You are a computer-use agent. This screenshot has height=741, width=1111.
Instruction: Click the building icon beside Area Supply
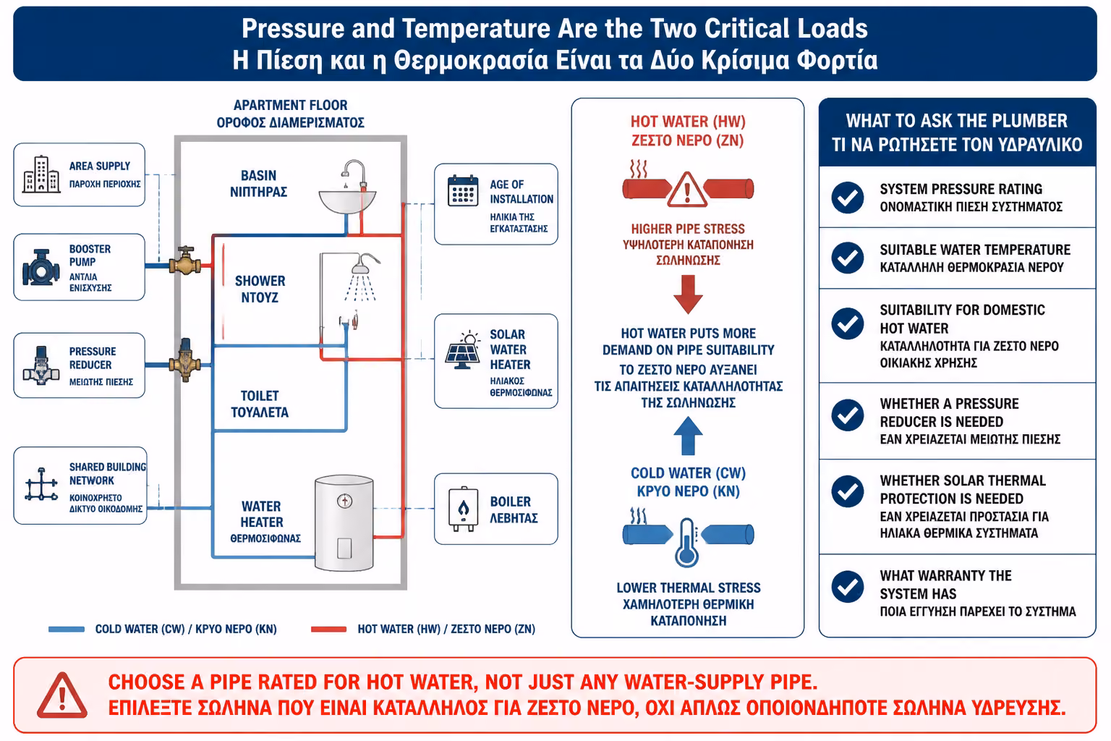41,174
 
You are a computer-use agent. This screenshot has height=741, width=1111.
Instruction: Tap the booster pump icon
41,268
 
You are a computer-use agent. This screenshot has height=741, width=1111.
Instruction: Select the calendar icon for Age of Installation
463,190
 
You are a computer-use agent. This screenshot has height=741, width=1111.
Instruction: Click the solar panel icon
463,350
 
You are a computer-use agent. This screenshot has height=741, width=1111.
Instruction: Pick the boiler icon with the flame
463,509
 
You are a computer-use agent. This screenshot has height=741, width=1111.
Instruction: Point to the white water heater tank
344,523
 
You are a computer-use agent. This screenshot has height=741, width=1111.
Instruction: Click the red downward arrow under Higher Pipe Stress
688,295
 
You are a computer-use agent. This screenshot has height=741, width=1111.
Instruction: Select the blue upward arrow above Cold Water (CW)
688,436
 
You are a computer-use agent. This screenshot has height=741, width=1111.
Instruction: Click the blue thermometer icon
687,543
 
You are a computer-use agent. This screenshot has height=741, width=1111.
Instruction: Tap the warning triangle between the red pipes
687,190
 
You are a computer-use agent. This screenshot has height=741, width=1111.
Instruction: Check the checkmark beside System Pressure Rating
848,198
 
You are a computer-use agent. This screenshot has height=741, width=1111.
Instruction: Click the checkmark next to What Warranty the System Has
848,587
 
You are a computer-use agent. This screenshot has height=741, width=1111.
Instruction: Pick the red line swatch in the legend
328,630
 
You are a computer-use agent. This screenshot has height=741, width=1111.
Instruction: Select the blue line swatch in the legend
67,630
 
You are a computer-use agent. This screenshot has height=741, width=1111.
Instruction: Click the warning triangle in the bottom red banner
62,695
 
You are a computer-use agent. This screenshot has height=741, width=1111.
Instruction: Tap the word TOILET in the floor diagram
260,396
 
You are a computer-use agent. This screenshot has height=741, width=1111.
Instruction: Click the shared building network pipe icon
42,484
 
